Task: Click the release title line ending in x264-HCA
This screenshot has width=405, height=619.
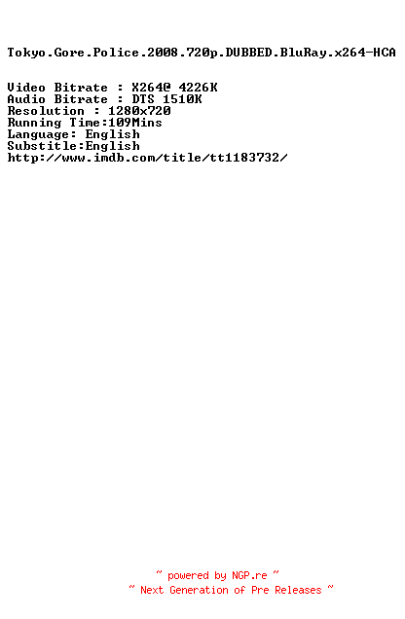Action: [202, 53]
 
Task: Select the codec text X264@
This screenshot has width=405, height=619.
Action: [151, 88]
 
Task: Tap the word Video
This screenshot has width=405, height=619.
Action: [26, 88]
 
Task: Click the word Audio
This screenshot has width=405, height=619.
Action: [26, 99]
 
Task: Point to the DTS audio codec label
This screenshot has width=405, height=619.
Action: [143, 99]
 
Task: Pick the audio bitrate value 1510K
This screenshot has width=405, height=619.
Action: [182, 99]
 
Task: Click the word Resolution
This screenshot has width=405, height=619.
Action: [46, 111]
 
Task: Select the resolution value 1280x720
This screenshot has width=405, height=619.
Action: [139, 111]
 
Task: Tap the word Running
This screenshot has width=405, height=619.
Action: [34, 124]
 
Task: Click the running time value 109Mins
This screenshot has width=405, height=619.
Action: [135, 123]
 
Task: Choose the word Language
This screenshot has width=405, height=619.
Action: [38, 135]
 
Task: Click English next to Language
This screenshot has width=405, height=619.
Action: [113, 135]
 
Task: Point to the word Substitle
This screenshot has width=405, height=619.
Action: [42, 146]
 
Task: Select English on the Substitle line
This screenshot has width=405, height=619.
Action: [113, 147]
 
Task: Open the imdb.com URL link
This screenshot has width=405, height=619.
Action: [147, 158]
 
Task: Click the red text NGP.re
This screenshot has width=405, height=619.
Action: [249, 575]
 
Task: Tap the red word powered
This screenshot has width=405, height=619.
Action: [188, 576]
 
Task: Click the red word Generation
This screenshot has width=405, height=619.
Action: [199, 590]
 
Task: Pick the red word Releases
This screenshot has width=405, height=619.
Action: [299, 590]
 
